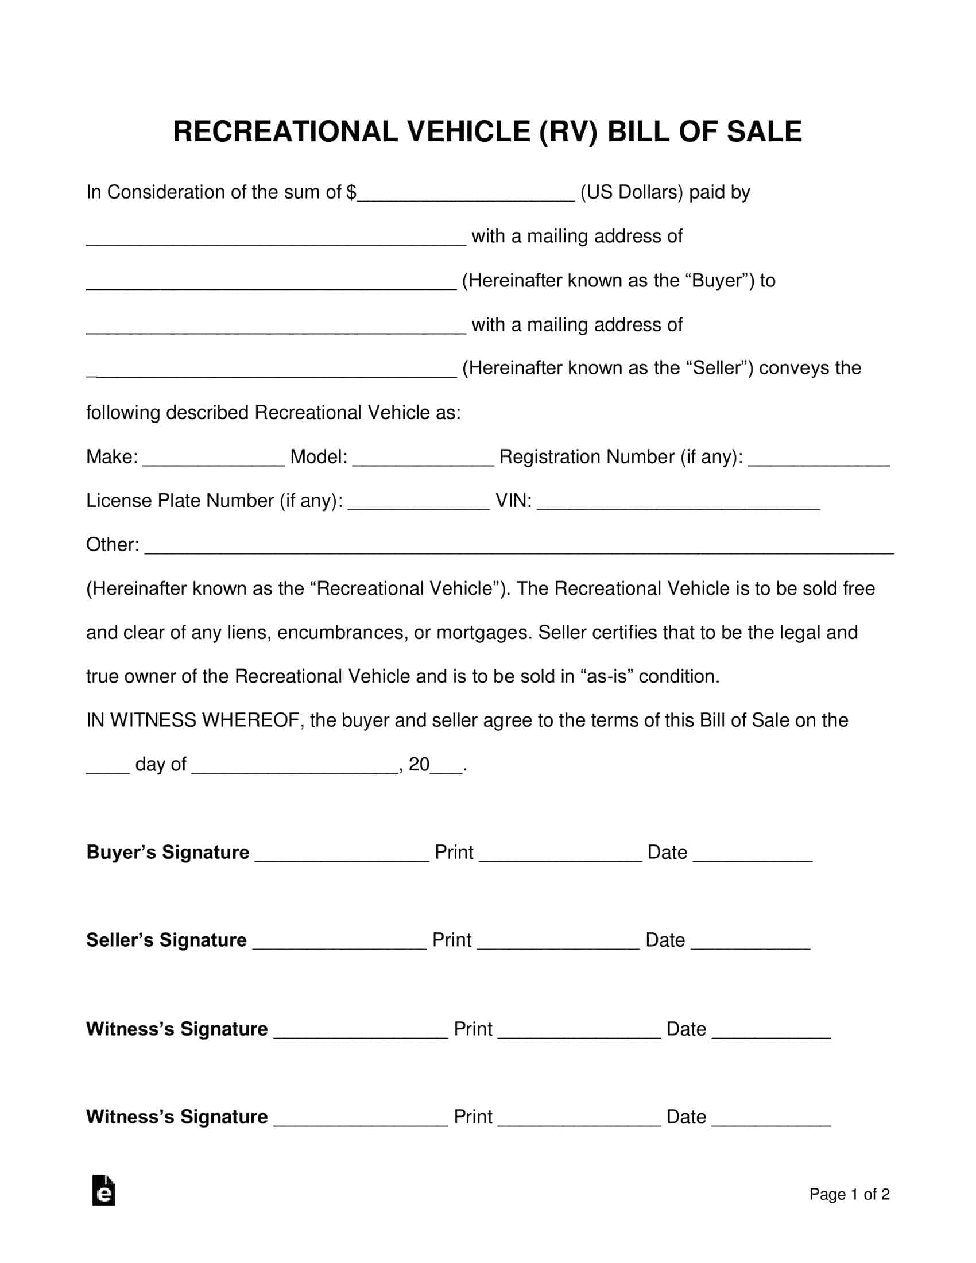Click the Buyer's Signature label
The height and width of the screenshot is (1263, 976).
(168, 853)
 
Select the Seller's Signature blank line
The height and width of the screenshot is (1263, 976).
(339, 941)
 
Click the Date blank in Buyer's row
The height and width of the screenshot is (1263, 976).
(752, 854)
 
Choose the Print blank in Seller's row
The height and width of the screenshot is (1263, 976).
(558, 941)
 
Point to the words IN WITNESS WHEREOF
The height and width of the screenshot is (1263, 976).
(192, 720)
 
